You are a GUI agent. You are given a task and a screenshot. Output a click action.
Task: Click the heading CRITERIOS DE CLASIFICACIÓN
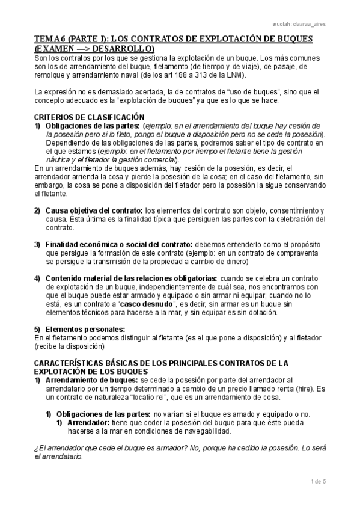(88, 117)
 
